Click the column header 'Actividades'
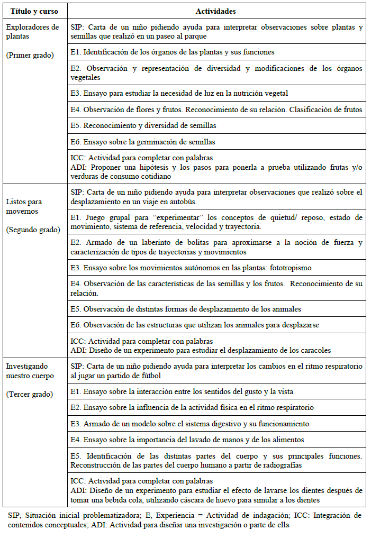[215, 11]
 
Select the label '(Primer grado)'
[30, 55]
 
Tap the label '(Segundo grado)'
[32, 230]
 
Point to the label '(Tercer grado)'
[30, 395]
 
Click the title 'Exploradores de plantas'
[32, 32]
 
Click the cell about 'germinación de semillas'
[143, 142]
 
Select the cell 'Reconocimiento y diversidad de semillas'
[143, 126]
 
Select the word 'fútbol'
[151, 376]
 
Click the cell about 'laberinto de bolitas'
[216, 247]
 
